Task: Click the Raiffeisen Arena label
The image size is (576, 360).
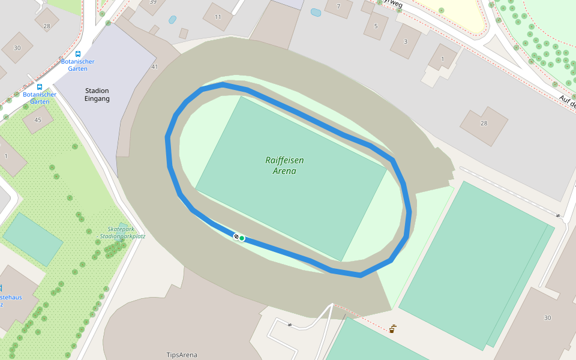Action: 284,166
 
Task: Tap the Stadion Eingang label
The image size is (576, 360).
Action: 97,95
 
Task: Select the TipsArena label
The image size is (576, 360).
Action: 182,355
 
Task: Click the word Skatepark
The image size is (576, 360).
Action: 121,229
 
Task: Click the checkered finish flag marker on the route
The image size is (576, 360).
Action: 236,236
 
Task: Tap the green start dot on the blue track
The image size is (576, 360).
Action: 242,238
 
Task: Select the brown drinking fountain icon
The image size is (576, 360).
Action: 392,329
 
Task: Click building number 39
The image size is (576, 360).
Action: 153,2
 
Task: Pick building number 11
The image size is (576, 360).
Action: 217,17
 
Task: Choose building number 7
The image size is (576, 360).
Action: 338,7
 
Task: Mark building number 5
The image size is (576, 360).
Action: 376,26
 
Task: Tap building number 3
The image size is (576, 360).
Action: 405,41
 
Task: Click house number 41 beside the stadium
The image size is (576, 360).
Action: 154,67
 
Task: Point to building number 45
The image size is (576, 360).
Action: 38,119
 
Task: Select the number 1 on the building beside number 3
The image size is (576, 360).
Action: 443,58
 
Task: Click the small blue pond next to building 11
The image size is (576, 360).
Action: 173,20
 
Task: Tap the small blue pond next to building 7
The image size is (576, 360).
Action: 316,12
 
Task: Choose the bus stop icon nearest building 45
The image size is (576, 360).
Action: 40,86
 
